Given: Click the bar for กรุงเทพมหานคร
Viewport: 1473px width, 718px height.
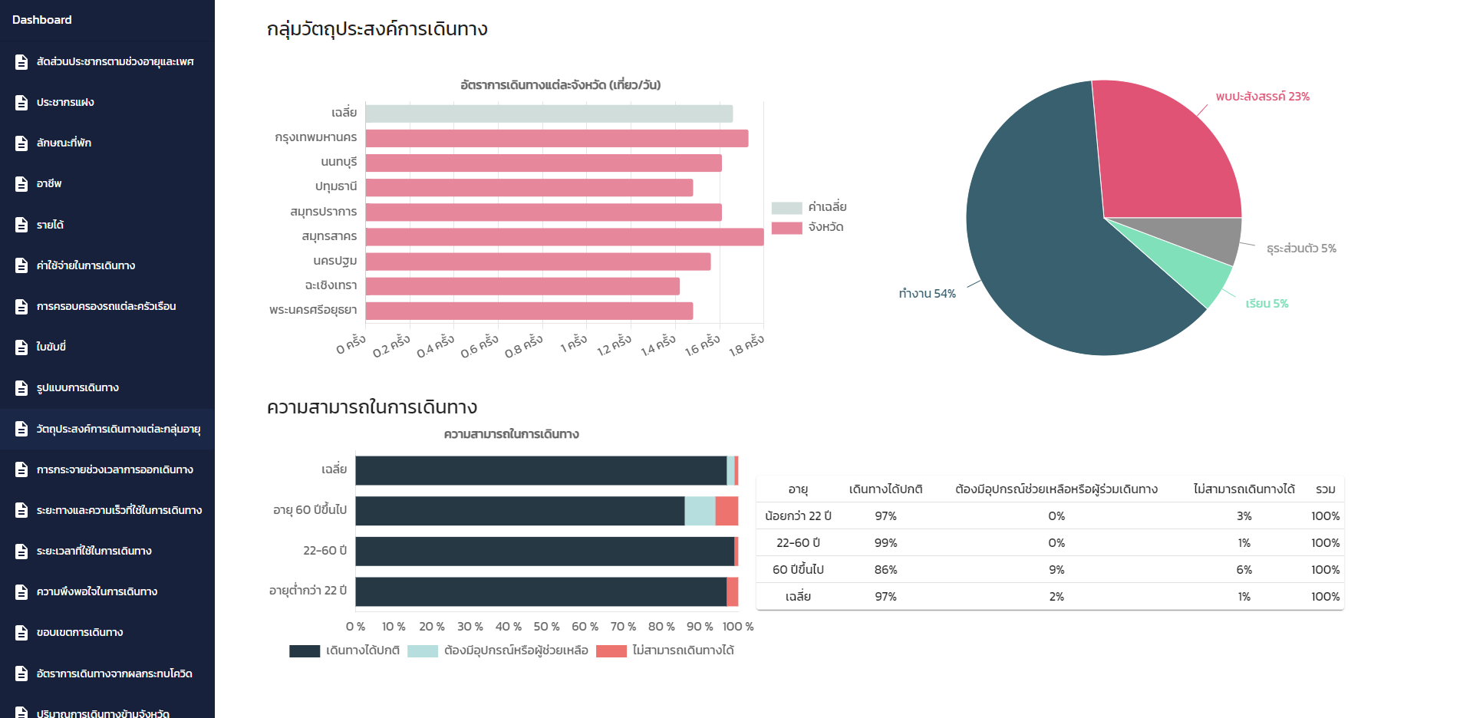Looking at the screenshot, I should tap(556, 138).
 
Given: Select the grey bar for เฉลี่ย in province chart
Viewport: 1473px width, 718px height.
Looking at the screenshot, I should tap(549, 114).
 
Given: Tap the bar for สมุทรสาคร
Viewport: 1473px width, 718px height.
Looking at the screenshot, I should tap(564, 236).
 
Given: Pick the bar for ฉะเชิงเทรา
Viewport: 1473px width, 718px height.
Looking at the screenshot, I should tap(522, 286).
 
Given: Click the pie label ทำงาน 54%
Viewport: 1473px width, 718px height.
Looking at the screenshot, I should tap(927, 294).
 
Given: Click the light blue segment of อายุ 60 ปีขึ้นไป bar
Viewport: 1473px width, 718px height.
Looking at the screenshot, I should tap(700, 511).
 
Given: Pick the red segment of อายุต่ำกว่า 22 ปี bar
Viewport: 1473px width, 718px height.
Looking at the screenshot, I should tap(732, 591).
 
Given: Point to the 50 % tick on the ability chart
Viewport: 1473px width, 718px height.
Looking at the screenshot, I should tap(546, 627).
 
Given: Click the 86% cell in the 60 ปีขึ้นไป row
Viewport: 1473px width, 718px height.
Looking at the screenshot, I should tap(885, 569).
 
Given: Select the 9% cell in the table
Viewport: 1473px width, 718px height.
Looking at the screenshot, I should tap(1056, 569).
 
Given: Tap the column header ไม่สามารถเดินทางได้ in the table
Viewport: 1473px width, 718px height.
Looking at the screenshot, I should tap(1244, 489).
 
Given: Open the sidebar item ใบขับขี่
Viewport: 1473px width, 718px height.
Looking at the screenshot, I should tap(51, 347).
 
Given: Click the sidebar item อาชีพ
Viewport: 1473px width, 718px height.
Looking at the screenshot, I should tap(49, 183).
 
